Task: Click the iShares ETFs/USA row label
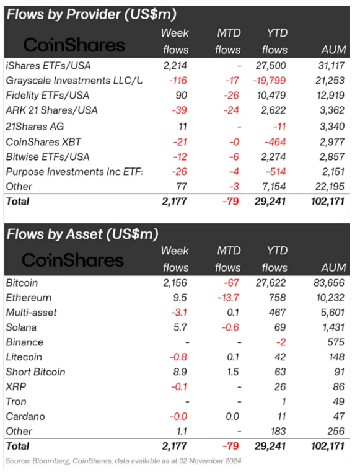48,66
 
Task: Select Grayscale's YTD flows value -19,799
269,81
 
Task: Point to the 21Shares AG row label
35,127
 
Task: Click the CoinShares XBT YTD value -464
274,142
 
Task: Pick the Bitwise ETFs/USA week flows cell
180,157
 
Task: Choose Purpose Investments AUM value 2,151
333,172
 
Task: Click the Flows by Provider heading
92,14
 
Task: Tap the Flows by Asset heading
82,234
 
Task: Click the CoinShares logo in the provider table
74,45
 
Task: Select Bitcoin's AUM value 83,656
329,283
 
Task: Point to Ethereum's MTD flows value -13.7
228,298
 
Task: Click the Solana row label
21,327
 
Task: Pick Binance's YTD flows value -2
281,342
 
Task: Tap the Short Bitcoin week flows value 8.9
180,372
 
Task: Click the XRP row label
16,387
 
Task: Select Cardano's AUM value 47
339,416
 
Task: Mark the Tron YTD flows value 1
283,401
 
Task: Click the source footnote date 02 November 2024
210,461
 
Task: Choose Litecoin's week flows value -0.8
178,357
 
